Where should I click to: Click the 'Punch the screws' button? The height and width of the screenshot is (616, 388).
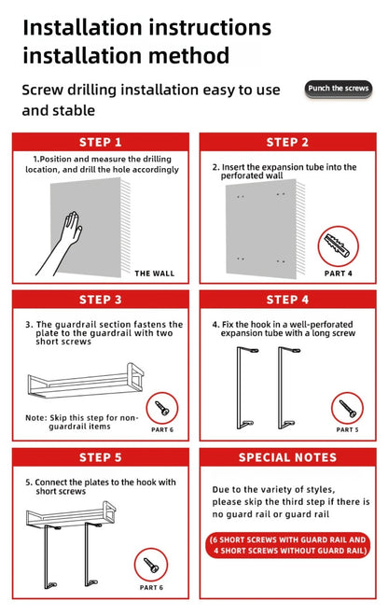tap(339, 89)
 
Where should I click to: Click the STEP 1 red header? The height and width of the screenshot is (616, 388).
tap(101, 142)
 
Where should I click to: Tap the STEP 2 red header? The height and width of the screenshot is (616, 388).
tap(287, 142)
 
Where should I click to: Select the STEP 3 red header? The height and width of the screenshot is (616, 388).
tap(101, 300)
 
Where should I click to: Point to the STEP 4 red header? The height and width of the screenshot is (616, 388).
tap(287, 300)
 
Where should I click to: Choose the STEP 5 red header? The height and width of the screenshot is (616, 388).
tap(101, 457)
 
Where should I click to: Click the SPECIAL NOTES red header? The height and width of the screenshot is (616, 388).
tap(287, 457)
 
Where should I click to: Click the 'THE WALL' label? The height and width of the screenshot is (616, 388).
tap(155, 273)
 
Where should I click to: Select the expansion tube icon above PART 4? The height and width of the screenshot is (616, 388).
tap(338, 246)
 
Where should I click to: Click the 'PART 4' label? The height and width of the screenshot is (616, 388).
tap(338, 273)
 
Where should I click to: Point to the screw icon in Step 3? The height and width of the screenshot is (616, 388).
tap(162, 407)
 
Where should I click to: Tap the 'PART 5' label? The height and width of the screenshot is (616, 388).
tap(346, 429)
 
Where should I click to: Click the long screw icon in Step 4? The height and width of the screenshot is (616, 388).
tap(346, 407)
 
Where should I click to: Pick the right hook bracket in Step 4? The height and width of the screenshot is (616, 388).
tap(285, 388)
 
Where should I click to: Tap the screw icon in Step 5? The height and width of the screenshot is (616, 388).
tap(150, 565)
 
